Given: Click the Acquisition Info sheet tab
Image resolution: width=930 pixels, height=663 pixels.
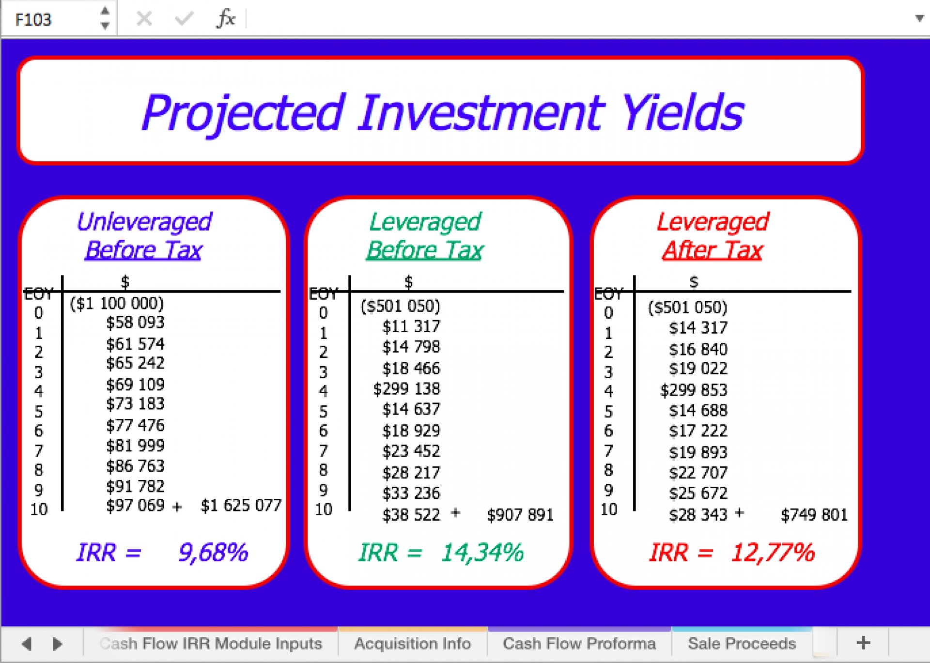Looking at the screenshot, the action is pyautogui.click(x=412, y=644).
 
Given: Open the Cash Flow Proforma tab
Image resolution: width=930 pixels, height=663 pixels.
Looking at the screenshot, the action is pyautogui.click(x=579, y=644).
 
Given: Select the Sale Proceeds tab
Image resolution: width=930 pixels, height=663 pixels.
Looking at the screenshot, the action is pyautogui.click(x=742, y=644).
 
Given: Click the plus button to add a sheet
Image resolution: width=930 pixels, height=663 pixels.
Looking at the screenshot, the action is pyautogui.click(x=863, y=643).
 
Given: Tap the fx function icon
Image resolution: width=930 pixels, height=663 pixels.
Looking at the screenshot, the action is pyautogui.click(x=226, y=19).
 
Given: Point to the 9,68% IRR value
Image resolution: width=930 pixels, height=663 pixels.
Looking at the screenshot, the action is pyautogui.click(x=213, y=553).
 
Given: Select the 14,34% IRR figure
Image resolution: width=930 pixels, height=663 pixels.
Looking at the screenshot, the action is pyautogui.click(x=482, y=553).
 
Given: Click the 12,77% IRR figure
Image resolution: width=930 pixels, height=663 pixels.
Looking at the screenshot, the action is pyautogui.click(x=773, y=553).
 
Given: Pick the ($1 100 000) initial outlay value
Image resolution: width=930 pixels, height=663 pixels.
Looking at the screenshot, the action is pyautogui.click(x=117, y=303).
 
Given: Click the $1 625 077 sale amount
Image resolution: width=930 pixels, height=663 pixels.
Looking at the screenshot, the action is pyautogui.click(x=241, y=505).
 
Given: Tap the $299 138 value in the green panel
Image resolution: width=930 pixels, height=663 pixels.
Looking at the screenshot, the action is pyautogui.click(x=407, y=388).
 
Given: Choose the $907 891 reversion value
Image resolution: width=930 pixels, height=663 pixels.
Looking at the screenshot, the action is pyautogui.click(x=520, y=514).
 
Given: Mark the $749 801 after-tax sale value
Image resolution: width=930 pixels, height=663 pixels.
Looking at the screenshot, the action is pyautogui.click(x=814, y=514).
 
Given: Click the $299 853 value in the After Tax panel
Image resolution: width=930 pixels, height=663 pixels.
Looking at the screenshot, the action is pyautogui.click(x=694, y=390).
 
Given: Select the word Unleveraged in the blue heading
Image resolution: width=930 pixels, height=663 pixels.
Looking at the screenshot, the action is pyautogui.click(x=144, y=222).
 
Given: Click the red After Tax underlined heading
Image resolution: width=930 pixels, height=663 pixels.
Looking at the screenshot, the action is pyautogui.click(x=713, y=250).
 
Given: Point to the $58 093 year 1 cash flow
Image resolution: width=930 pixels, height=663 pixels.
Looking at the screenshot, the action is pyautogui.click(x=136, y=322).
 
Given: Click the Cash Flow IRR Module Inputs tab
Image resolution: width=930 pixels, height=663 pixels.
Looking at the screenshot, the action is pyautogui.click(x=211, y=644).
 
